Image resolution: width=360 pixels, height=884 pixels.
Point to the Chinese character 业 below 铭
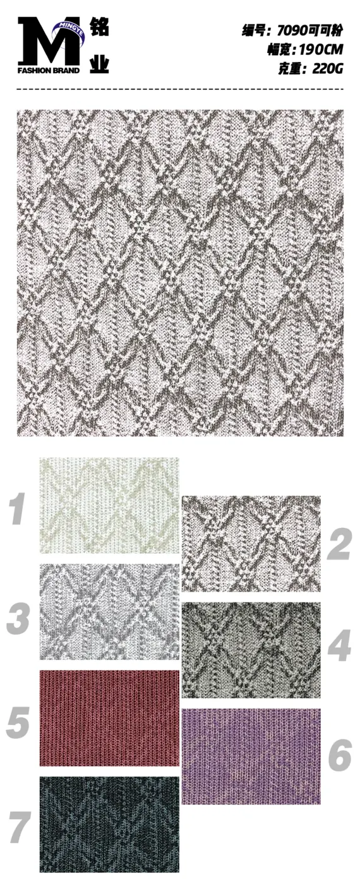tap(99, 63)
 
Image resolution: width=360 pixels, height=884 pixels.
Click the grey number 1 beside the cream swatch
tap(18, 509)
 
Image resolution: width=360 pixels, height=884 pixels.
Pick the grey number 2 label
tap(340, 544)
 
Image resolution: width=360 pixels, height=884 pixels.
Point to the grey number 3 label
tap(18, 618)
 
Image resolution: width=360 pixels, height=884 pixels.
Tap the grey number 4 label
tap(340, 645)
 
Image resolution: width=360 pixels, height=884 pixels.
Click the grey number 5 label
tap(18, 722)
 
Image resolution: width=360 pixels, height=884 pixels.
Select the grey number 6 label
tap(340, 755)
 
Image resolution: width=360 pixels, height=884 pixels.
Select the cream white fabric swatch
tap(109, 505)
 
